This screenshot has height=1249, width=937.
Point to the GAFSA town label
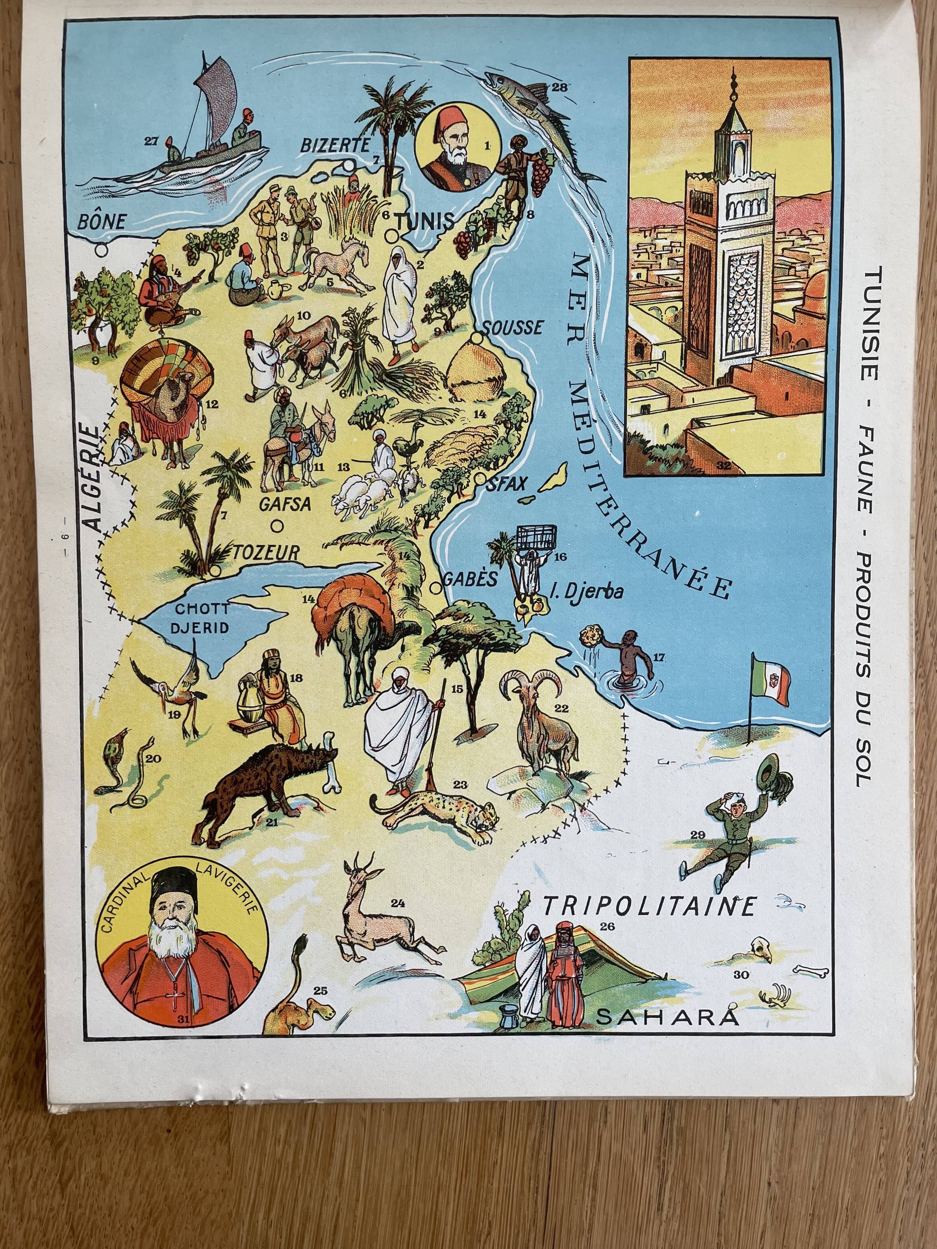pyautogui.click(x=285, y=504)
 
